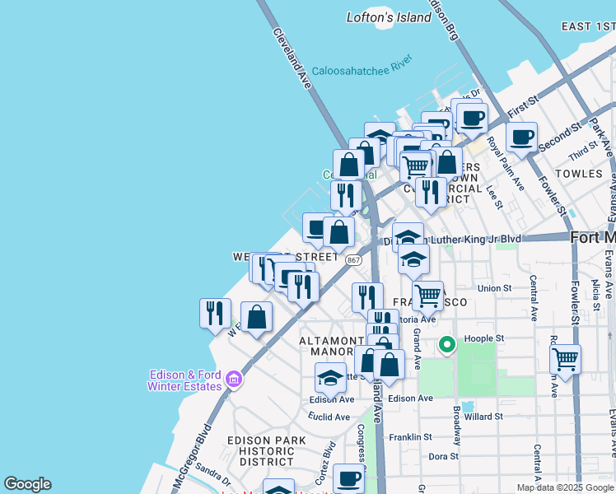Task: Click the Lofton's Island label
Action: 389,17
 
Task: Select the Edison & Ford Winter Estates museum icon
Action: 235,379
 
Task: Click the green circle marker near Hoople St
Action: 447,344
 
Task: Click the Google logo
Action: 27,484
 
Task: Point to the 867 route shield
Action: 353,259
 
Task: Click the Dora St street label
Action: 443,455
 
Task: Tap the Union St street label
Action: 494,288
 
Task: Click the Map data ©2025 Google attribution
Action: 564,487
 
